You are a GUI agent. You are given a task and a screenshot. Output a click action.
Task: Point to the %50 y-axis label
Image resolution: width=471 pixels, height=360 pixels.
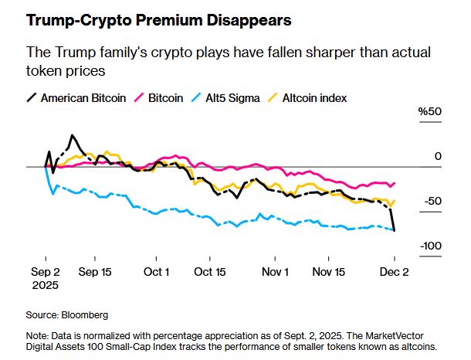point(430,112)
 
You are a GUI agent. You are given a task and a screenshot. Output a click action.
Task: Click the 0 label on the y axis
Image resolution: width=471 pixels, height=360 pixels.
point(437,157)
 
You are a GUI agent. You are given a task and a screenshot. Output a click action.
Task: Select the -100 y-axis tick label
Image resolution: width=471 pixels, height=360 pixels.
point(431,246)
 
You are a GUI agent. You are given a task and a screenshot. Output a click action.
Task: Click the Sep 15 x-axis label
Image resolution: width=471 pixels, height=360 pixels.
point(96,272)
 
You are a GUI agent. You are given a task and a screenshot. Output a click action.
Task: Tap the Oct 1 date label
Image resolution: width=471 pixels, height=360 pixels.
point(157,272)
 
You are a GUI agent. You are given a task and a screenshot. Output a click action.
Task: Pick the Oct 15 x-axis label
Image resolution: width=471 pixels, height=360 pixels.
point(209,272)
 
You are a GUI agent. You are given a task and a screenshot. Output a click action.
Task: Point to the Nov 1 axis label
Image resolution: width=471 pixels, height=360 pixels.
point(276,272)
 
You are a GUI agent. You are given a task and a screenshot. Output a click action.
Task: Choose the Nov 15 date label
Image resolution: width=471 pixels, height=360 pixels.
point(329,272)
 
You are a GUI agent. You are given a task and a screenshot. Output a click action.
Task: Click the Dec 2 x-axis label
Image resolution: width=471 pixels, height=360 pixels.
point(394,272)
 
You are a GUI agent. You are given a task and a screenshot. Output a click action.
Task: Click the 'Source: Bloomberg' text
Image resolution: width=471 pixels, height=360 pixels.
point(67,315)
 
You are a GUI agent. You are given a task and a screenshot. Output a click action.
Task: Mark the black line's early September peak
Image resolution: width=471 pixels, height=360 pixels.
point(72,135)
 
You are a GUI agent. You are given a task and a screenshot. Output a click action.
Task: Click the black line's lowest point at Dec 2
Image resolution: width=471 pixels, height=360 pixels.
point(395,230)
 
